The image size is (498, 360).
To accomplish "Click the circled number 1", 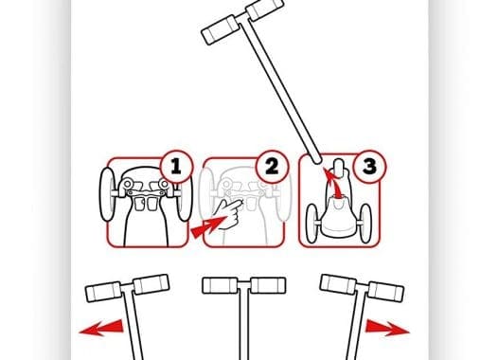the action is point(176,166).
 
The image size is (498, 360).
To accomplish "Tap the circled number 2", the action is point(272,166).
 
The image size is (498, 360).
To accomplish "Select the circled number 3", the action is point(369,166).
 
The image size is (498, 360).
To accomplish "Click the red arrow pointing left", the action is point(101,328).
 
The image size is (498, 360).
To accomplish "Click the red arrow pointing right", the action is point(387,329).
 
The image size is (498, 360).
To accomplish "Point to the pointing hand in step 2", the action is point(228,213).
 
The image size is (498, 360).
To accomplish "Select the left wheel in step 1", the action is point(107,194).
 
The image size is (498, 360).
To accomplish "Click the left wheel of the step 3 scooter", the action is point(311,223).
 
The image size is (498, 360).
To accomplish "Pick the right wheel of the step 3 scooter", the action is point(365,223).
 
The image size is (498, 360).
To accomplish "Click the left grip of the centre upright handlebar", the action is point(220,285).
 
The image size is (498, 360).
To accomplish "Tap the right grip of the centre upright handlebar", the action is point(268,285).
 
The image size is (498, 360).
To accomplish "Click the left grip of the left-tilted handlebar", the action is point(103,292).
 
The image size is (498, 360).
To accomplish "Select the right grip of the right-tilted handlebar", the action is point(386,292).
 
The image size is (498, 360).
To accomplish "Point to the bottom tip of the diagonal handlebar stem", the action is point(316,160).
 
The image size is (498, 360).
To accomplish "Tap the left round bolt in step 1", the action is point(128,184).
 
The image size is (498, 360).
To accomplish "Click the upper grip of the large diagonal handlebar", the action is point(265,8).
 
